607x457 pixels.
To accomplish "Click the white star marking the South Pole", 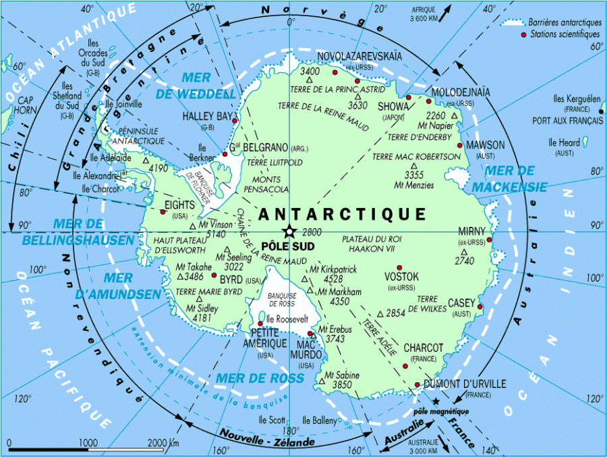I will (289, 231).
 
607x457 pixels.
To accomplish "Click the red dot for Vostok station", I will (399, 267).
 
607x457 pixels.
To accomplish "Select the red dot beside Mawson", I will (460, 144).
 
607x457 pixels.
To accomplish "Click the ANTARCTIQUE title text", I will (342, 214).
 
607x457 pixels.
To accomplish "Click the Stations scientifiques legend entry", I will (565, 34).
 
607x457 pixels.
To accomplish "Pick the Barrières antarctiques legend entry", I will (564, 22).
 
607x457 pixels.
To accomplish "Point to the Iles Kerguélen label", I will (577, 99).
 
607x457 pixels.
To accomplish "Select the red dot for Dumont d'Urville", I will (417, 385).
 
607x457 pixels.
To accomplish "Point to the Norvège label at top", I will (292, 10).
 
